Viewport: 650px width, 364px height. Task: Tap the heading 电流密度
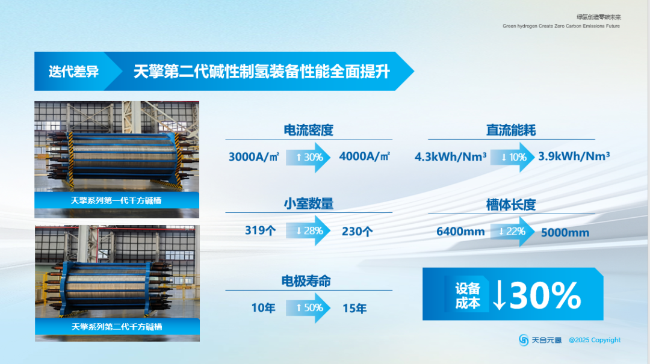308,131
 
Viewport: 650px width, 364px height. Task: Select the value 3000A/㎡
253,157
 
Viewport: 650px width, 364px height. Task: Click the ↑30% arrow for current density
309,158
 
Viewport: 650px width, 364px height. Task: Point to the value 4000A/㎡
365,156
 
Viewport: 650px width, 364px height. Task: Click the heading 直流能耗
510,131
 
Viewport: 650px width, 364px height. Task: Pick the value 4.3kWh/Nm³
451,157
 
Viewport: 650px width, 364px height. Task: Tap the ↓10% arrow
512,158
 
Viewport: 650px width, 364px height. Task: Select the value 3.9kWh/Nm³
574,156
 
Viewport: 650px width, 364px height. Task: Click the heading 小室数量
308,204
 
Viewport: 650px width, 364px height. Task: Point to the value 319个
260,230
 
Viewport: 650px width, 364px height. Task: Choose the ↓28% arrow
309,231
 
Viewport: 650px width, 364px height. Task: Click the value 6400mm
460,232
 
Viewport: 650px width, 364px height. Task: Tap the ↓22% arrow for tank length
512,232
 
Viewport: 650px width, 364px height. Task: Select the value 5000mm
565,232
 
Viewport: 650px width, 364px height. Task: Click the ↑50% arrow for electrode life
309,308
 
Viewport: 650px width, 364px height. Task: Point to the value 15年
354,309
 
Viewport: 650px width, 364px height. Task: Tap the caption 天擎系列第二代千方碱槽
117,327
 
